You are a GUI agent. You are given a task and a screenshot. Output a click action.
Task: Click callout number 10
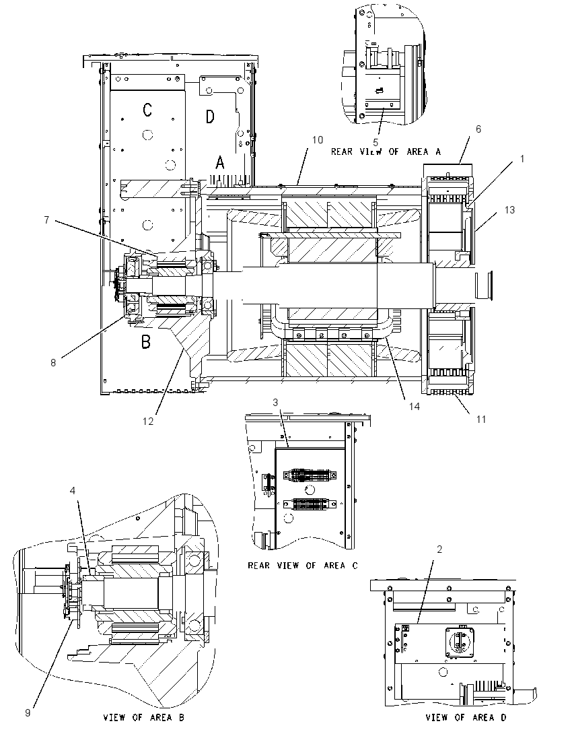318,140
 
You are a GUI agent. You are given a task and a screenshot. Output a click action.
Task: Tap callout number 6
478,129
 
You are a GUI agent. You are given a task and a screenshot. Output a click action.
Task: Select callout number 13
510,210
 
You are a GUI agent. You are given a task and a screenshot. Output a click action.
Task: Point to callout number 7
46,220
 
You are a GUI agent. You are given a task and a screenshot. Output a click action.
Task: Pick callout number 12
148,422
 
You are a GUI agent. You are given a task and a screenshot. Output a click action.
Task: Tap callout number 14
415,406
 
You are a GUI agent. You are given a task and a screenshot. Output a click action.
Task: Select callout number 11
480,419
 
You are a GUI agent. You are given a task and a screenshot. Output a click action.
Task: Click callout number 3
276,403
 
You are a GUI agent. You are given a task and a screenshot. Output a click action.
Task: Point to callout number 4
73,491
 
